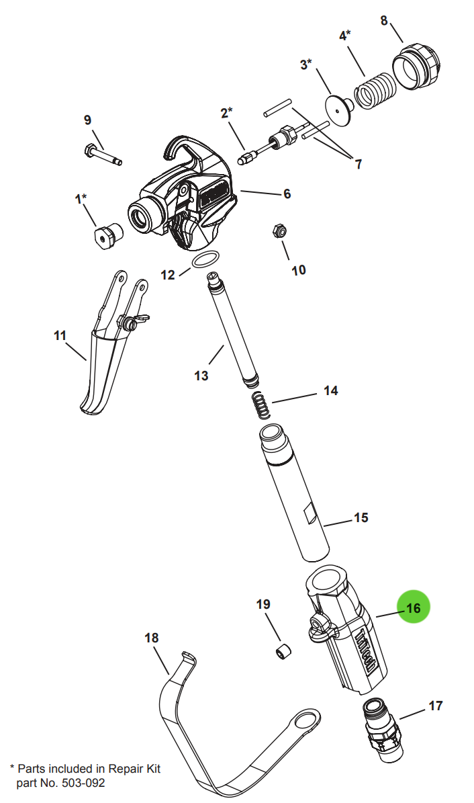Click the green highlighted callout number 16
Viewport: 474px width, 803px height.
(412, 607)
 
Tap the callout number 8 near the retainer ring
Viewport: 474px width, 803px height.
(384, 20)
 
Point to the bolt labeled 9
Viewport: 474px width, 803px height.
(103, 154)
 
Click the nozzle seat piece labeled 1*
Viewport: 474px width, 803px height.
(106, 236)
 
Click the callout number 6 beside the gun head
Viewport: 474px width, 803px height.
(287, 194)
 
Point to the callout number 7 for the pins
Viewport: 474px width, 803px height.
(358, 163)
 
